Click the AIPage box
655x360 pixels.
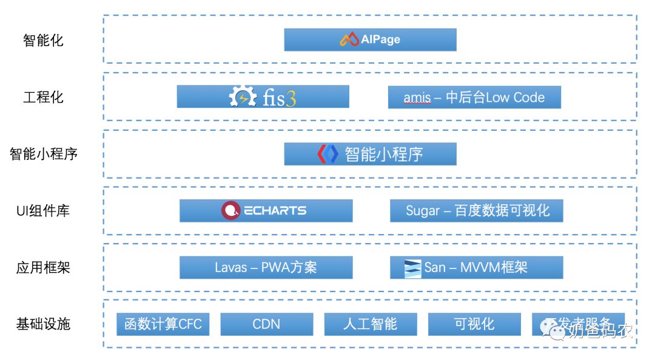[370, 40]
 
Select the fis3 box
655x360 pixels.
[263, 97]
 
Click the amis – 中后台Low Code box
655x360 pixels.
[474, 97]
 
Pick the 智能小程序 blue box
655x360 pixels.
[370, 154]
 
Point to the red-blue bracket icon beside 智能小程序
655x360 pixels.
[327, 154]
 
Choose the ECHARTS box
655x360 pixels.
[266, 210]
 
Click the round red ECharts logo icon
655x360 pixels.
[230, 210]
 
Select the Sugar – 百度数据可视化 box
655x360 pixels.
[477, 210]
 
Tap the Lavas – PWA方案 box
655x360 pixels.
[266, 267]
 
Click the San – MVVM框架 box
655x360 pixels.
[476, 267]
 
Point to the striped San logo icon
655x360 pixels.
[413, 268]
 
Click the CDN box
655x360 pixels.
[266, 324]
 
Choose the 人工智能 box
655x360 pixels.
[370, 324]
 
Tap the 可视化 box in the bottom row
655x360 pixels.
[474, 324]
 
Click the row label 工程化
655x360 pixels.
[43, 97]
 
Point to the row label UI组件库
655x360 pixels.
[43, 211]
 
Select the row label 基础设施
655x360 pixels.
[43, 324]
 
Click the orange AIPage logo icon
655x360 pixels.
[349, 40]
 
